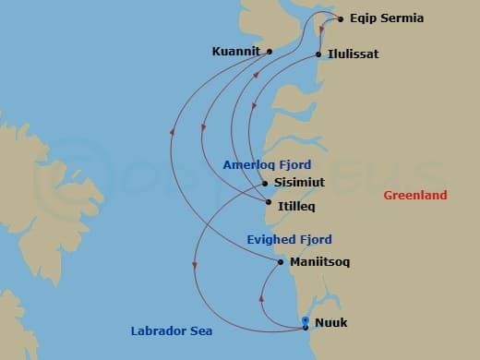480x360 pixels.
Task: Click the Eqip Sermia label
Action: [x=387, y=18]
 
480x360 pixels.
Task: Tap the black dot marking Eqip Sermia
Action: [x=341, y=18]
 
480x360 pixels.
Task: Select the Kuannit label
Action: [x=234, y=52]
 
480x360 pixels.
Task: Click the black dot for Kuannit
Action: [x=269, y=52]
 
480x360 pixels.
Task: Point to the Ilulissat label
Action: [x=353, y=54]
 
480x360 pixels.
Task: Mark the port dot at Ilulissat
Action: [x=319, y=54]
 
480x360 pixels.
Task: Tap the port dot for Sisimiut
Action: [x=264, y=183]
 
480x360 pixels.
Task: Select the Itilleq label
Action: [x=295, y=201]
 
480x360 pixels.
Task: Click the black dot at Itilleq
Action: [x=268, y=201]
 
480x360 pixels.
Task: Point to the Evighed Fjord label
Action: [x=289, y=239]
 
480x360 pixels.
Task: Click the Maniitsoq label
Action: [x=319, y=262]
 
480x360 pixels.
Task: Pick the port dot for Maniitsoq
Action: [x=281, y=262]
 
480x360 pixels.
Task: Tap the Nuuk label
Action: [x=331, y=324]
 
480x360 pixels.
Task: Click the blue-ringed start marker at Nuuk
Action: [x=306, y=320]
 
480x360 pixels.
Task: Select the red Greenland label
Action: [x=415, y=195]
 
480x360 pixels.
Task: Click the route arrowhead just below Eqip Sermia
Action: [x=320, y=28]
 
